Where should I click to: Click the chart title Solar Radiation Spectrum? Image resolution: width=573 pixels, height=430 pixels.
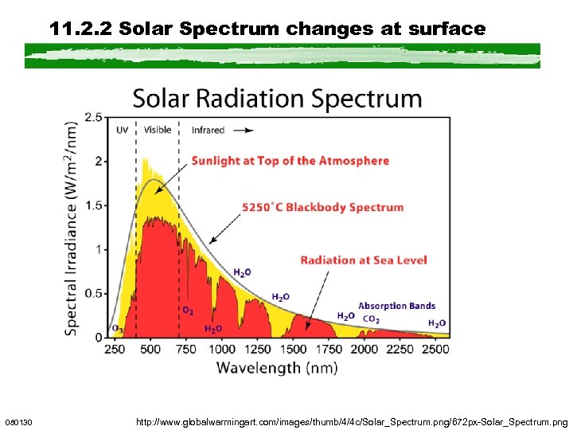pos(277,100)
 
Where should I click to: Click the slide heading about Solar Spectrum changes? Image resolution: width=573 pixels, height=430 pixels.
pos(267,29)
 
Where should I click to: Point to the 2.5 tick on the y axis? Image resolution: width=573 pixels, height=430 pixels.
pos(92,118)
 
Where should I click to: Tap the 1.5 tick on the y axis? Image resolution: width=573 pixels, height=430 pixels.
pos(92,205)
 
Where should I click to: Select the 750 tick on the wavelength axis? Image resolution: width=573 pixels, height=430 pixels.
pos(185,349)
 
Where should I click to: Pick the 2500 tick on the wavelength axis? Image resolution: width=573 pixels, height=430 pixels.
pos(435,349)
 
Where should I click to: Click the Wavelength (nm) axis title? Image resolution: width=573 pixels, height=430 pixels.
pos(277,367)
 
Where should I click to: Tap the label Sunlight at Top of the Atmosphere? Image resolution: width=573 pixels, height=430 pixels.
pos(290,160)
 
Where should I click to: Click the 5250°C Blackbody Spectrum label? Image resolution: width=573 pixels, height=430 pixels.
pos(323,207)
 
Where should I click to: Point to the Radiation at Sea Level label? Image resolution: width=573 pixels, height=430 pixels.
pos(363,260)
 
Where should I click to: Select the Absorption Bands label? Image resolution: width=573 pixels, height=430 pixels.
pos(396,305)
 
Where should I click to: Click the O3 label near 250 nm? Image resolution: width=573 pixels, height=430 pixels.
pos(117,328)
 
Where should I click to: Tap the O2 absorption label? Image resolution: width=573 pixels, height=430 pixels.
pos(188,310)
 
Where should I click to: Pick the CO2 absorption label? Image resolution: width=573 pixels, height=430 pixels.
pos(371,319)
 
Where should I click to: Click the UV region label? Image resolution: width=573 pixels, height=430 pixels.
pos(122,130)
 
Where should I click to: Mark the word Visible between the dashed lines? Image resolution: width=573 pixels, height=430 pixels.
pos(157,130)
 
